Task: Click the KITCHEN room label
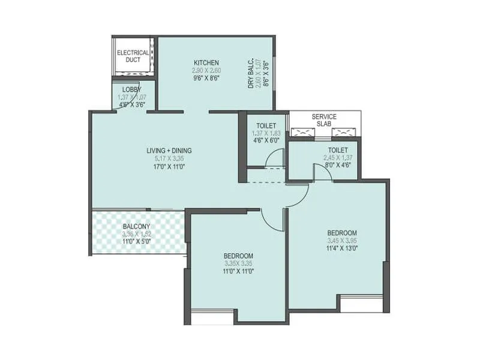tap(206, 62)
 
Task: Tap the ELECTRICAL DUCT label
tap(133, 56)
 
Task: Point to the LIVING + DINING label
tap(169, 151)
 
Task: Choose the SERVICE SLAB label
tap(324, 120)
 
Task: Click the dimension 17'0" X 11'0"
tap(169, 167)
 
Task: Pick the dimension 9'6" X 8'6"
tap(206, 78)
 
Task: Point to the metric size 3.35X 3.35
tap(238, 263)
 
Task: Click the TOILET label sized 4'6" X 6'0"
tap(262, 125)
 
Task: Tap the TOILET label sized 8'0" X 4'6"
tap(338, 151)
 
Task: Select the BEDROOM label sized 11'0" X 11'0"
tap(238, 256)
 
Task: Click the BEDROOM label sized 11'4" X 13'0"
tap(341, 233)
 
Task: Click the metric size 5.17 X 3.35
tap(169, 158)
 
